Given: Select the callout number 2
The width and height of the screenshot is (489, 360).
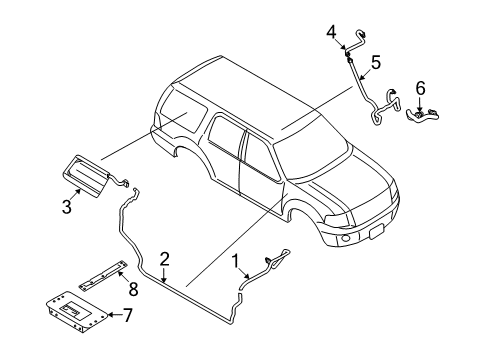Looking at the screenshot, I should pyautogui.click(x=165, y=258).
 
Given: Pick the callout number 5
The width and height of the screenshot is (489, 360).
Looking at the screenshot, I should pyautogui.click(x=374, y=62).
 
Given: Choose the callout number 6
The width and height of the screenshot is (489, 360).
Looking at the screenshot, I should pyautogui.click(x=419, y=88).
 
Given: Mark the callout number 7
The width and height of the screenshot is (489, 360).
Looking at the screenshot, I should pyautogui.click(x=127, y=316).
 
